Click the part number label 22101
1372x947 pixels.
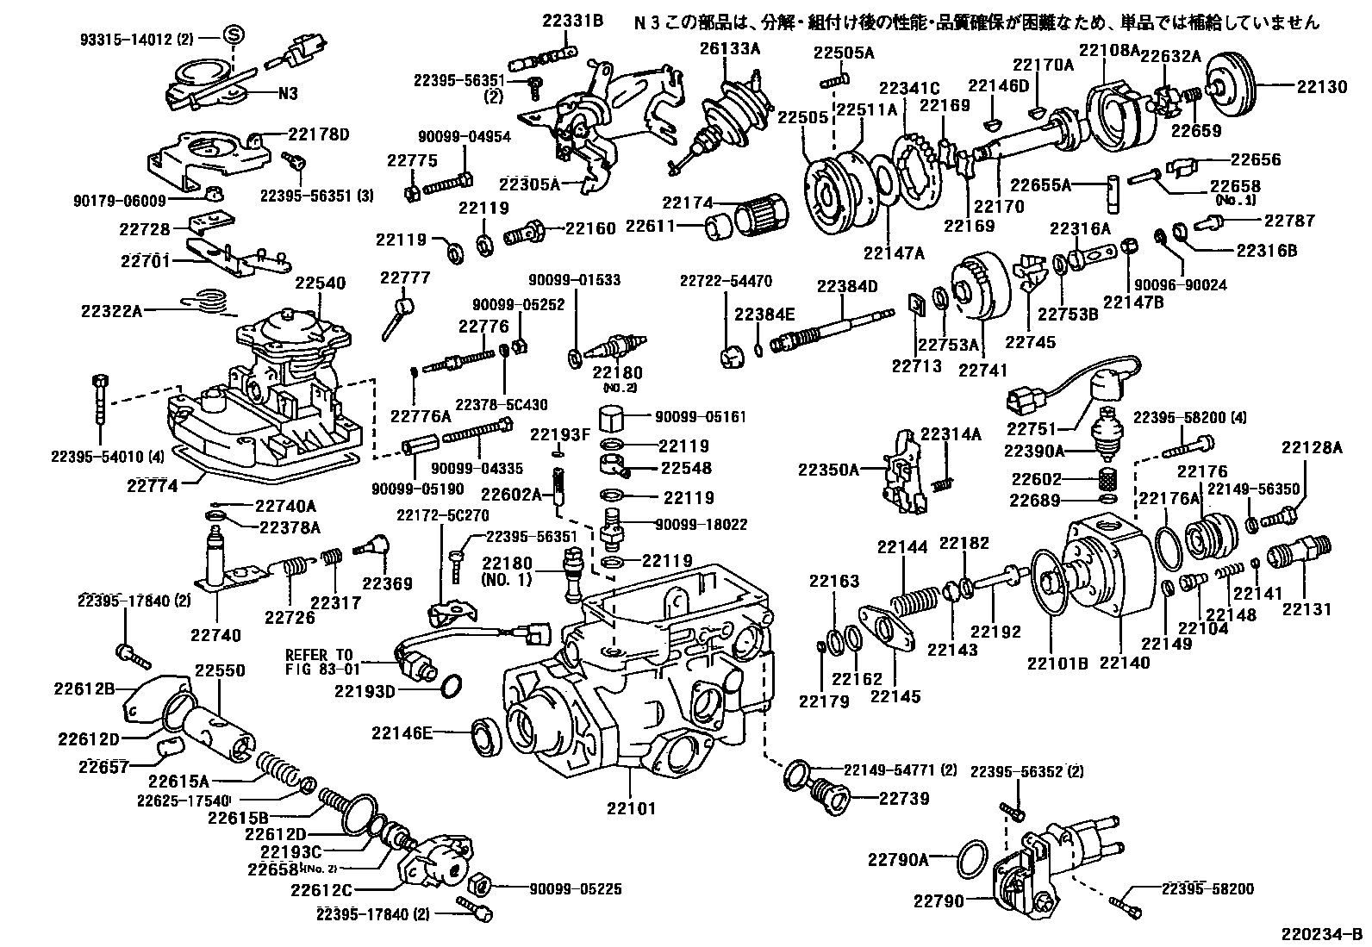[631, 809]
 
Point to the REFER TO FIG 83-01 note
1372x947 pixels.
[319, 661]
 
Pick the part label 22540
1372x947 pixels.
[320, 283]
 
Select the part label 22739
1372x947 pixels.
[904, 798]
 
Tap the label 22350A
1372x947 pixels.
[828, 470]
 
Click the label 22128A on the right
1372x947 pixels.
[1311, 447]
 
